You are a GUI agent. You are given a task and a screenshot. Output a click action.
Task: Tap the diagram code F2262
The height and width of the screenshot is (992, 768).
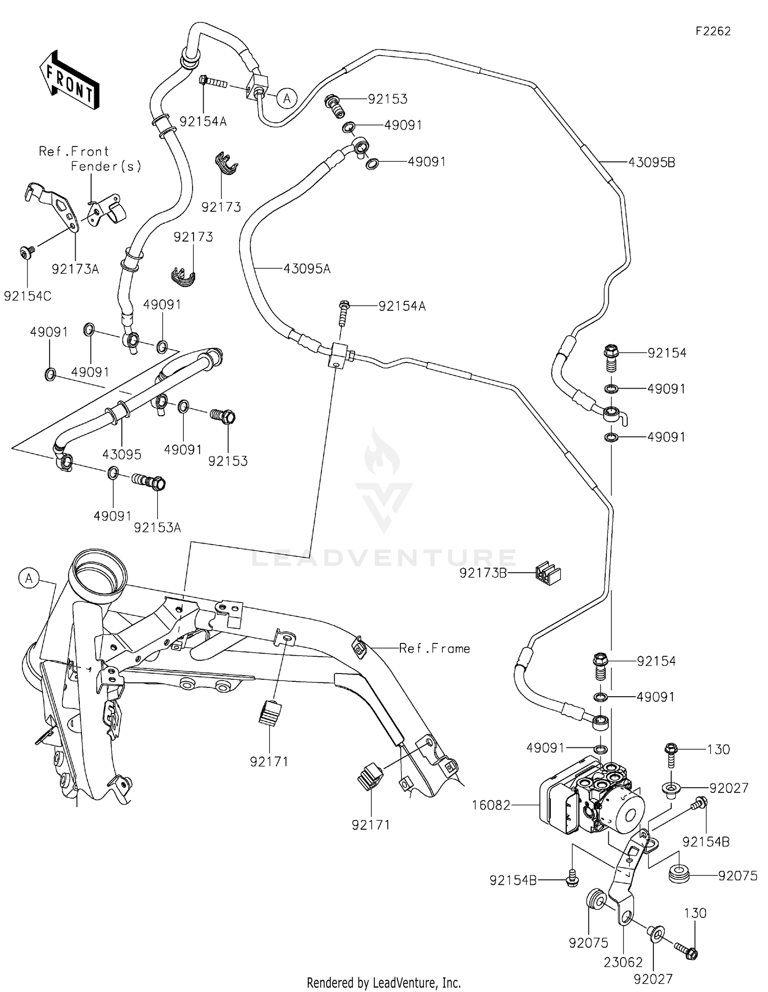(713, 31)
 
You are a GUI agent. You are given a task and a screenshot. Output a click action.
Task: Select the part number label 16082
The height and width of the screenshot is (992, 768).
(491, 805)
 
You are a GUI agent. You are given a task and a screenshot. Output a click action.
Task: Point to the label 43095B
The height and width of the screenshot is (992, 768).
(651, 162)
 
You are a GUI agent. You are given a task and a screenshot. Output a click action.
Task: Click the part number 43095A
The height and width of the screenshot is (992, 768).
(307, 268)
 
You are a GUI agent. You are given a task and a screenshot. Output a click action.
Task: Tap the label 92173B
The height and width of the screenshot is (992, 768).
(483, 573)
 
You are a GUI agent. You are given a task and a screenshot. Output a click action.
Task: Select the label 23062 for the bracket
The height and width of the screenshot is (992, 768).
(623, 962)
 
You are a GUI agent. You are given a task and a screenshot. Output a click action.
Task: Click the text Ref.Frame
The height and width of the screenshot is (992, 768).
(434, 649)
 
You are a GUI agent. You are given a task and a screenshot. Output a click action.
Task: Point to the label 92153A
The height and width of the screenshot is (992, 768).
(157, 527)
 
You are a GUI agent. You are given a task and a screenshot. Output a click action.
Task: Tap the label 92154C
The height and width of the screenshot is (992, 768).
(28, 296)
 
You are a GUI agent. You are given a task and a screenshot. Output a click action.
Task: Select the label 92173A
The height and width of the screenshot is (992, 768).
(75, 269)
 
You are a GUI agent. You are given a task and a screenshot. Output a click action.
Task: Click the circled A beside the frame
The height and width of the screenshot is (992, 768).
(29, 578)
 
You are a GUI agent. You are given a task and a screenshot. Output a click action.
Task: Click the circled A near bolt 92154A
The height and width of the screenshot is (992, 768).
(287, 98)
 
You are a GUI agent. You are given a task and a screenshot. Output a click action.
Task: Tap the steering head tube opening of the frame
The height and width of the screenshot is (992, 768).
(99, 570)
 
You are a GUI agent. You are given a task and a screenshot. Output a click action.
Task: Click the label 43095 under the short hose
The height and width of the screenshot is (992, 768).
(122, 454)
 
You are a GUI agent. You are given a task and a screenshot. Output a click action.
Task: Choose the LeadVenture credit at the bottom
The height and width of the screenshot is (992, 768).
(383, 982)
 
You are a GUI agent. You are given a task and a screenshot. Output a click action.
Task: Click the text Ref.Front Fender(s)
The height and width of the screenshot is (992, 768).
(90, 159)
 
